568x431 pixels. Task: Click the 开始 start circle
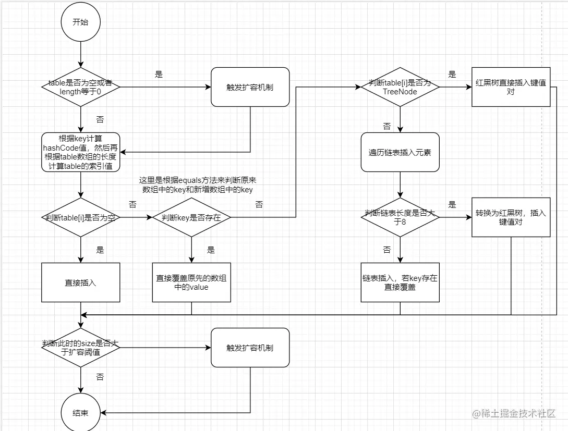(80, 22)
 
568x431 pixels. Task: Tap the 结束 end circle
(80, 413)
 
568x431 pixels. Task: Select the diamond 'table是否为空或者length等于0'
(80, 87)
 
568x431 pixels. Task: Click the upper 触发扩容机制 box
(250, 87)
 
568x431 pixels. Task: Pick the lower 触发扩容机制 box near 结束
(250, 348)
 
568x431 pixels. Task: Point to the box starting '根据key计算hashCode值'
(81, 152)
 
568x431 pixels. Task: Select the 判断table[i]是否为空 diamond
(80, 217)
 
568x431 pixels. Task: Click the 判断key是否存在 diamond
(191, 217)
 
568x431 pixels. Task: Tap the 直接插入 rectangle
(80, 282)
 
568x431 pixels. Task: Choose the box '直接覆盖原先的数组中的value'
(191, 282)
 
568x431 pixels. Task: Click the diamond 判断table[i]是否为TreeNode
(400, 87)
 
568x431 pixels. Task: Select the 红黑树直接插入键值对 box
(511, 87)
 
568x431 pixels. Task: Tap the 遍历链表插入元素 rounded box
(400, 152)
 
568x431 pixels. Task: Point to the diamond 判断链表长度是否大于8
(400, 217)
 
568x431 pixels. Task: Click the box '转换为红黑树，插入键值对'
(511, 217)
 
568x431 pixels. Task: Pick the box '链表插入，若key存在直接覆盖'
(400, 282)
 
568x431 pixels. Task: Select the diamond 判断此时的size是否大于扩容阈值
(80, 348)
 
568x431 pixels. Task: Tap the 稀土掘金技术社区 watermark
(514, 414)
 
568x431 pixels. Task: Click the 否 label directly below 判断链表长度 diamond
(386, 250)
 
